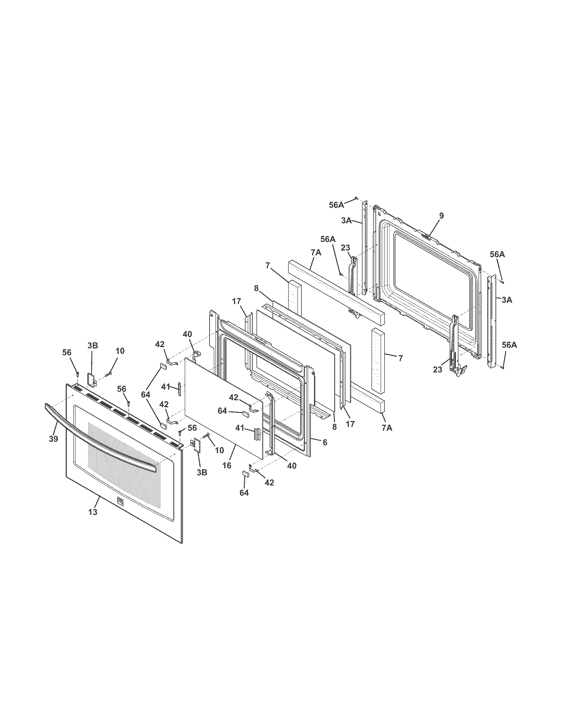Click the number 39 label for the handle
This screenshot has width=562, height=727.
[53, 439]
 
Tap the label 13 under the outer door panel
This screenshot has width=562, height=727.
[93, 512]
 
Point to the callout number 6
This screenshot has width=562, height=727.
[325, 442]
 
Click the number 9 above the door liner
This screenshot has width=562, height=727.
[441, 216]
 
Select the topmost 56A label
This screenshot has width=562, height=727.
[336, 205]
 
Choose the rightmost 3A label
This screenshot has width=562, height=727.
[507, 300]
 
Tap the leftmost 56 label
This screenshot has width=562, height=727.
[67, 353]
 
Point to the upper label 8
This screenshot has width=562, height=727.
[256, 288]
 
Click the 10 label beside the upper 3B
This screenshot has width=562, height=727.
[120, 351]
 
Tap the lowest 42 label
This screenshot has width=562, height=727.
[269, 482]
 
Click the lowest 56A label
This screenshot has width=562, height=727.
[509, 345]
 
